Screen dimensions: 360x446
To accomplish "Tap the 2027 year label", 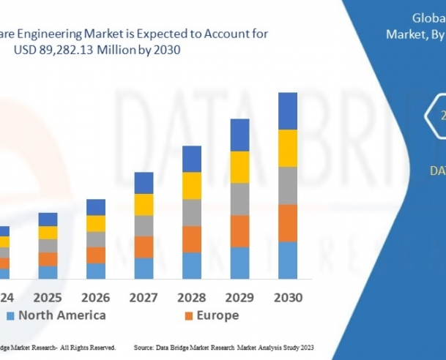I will click(x=144, y=297).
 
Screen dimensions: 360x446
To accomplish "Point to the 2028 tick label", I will click(x=192, y=297).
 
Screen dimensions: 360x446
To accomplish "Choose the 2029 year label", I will click(x=240, y=297).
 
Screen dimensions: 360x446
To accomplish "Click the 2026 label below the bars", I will click(x=96, y=297).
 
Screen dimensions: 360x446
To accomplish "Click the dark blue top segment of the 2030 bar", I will click(x=288, y=111).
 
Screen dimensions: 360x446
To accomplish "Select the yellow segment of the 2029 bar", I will click(x=240, y=167).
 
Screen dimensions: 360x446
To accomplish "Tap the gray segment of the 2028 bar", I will click(x=192, y=212).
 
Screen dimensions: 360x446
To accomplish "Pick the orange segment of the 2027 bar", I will click(x=144, y=247).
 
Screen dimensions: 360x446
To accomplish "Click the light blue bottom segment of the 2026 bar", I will click(x=96, y=271).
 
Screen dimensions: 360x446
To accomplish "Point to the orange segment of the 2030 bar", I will click(x=288, y=222).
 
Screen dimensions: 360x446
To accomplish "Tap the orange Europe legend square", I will click(x=188, y=316).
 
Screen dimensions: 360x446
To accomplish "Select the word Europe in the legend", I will click(x=217, y=315).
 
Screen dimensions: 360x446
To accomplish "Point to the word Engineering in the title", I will click(x=54, y=34).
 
